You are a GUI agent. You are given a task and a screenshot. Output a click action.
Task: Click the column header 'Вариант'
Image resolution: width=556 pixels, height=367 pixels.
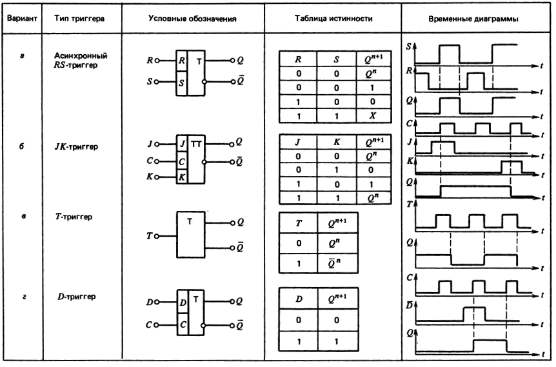pos(22,19)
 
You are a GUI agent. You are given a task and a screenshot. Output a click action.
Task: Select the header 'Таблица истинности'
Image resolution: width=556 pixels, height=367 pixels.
pos(333,19)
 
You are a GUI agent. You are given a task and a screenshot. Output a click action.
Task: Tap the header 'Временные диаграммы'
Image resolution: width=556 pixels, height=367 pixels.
pos(473,19)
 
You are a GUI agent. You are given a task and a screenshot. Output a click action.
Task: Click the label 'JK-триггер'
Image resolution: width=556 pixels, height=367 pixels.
pos(76,147)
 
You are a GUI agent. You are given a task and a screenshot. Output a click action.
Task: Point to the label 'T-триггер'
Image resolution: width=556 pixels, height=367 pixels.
pos(74,217)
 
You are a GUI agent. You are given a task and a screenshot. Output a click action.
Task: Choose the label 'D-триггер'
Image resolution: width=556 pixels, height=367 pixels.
pos(77,296)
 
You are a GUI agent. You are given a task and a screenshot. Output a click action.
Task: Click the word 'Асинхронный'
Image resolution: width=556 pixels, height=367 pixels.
pos(81,55)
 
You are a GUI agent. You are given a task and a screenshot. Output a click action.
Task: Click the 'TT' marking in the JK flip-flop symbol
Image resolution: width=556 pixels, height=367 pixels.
pos(196,144)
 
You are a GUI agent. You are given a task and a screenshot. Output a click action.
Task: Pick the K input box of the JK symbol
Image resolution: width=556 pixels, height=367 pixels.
pos(181,177)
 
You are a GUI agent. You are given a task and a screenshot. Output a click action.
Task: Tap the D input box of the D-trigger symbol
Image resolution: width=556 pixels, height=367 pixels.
pos(183,302)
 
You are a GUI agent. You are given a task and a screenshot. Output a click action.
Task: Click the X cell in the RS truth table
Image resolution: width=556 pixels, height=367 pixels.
pos(373,115)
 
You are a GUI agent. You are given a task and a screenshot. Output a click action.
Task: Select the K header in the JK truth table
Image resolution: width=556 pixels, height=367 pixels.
pos(337,142)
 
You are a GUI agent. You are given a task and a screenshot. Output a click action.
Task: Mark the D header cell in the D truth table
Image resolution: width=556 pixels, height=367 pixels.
pos(299,299)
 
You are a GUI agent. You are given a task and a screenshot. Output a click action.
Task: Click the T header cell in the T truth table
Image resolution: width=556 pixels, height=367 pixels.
pos(299,223)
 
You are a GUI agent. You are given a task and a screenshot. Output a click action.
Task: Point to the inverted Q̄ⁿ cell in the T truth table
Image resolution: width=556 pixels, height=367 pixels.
pos(333,263)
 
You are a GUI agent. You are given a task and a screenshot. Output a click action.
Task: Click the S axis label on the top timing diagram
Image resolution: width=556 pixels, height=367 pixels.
pos(408,46)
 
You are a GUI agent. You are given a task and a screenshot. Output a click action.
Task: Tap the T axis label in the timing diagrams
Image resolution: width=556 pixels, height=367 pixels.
pos(409,204)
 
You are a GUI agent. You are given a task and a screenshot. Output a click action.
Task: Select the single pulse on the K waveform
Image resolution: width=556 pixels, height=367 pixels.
pos(511,167)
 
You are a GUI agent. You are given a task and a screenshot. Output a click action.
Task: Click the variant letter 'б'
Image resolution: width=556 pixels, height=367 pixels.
pos(22,146)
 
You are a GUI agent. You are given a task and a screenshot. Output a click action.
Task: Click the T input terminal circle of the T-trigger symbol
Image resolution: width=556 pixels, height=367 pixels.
pos(157,236)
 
